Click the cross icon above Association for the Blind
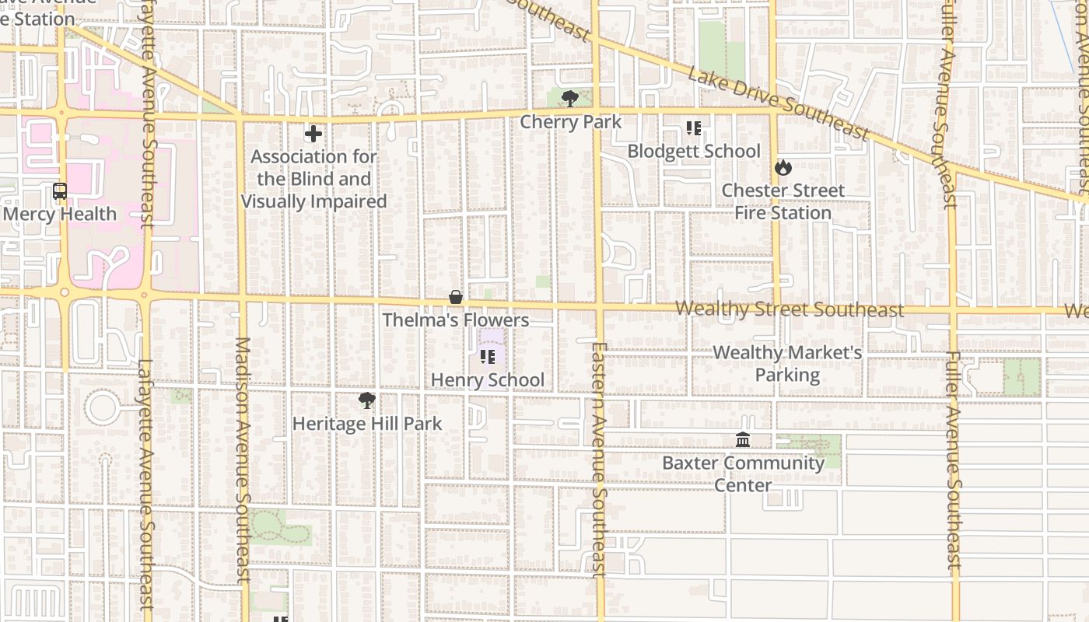313,134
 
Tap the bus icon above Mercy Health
59,190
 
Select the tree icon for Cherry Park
570,98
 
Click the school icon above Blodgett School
693,128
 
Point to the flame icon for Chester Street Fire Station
783,167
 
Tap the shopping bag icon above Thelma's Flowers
456,297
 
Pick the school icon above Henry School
488,357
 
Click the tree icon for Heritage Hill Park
366,400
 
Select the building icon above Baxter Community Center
743,440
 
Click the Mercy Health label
60,214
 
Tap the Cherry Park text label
570,122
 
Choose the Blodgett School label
694,151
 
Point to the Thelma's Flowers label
456,320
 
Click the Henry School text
488,380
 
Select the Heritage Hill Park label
366,424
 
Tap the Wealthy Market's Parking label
787,364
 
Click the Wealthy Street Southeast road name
790,309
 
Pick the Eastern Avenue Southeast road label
598,459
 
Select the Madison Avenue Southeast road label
242,459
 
